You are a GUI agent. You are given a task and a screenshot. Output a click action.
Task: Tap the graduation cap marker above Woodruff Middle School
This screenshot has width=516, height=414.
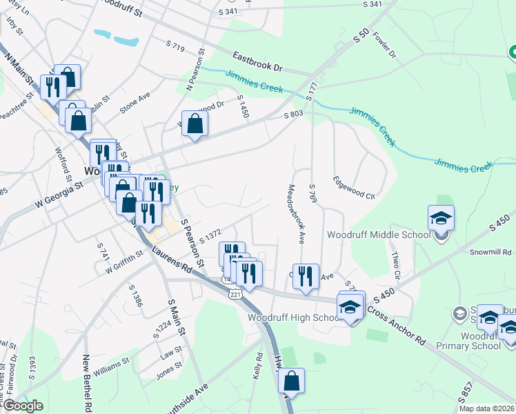click(441, 219)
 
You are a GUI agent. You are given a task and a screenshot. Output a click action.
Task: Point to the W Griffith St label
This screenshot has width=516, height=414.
click(123, 263)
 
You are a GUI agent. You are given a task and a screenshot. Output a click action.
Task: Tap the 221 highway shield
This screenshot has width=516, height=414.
click(236, 294)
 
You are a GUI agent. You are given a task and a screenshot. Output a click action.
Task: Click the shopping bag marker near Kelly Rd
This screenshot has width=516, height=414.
click(292, 382)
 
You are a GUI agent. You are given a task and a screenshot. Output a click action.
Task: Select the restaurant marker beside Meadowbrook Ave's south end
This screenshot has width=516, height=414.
click(306, 277)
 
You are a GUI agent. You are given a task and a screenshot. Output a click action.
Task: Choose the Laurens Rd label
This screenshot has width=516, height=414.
click(173, 256)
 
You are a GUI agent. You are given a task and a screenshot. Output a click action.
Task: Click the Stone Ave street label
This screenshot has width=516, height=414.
click(135, 102)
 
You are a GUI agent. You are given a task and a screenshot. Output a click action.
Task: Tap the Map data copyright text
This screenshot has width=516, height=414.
click(487, 408)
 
